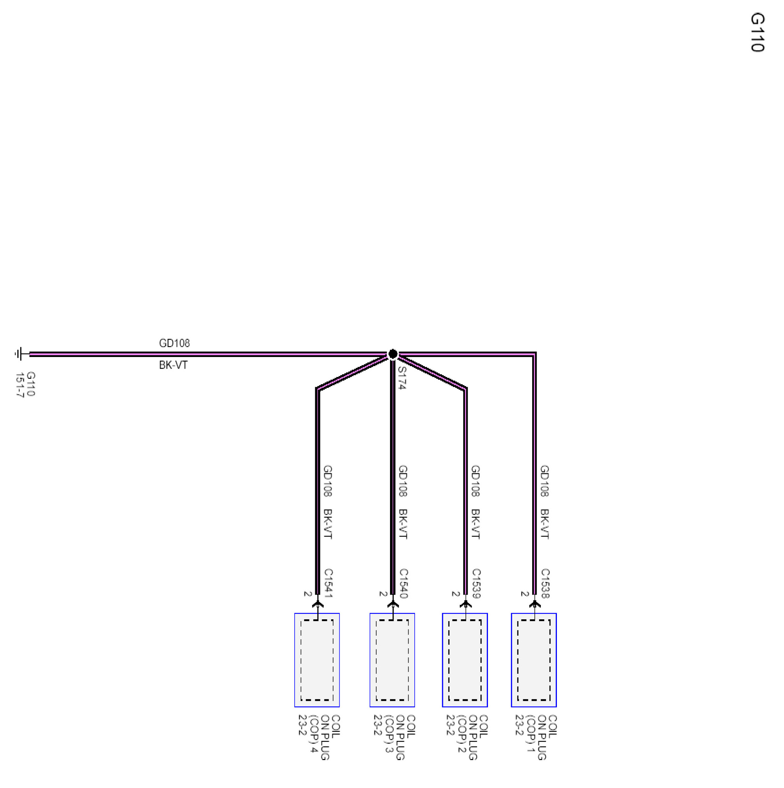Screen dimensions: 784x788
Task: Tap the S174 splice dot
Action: [393, 354]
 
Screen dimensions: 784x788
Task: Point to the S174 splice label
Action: [402, 378]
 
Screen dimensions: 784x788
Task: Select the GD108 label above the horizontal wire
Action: [174, 344]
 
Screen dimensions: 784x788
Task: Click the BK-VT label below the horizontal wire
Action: [173, 365]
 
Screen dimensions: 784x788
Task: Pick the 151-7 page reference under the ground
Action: [20, 385]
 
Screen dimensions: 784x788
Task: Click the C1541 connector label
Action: [328, 584]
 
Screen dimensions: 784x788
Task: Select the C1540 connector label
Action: [403, 584]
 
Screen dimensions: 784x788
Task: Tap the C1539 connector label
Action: [476, 584]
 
